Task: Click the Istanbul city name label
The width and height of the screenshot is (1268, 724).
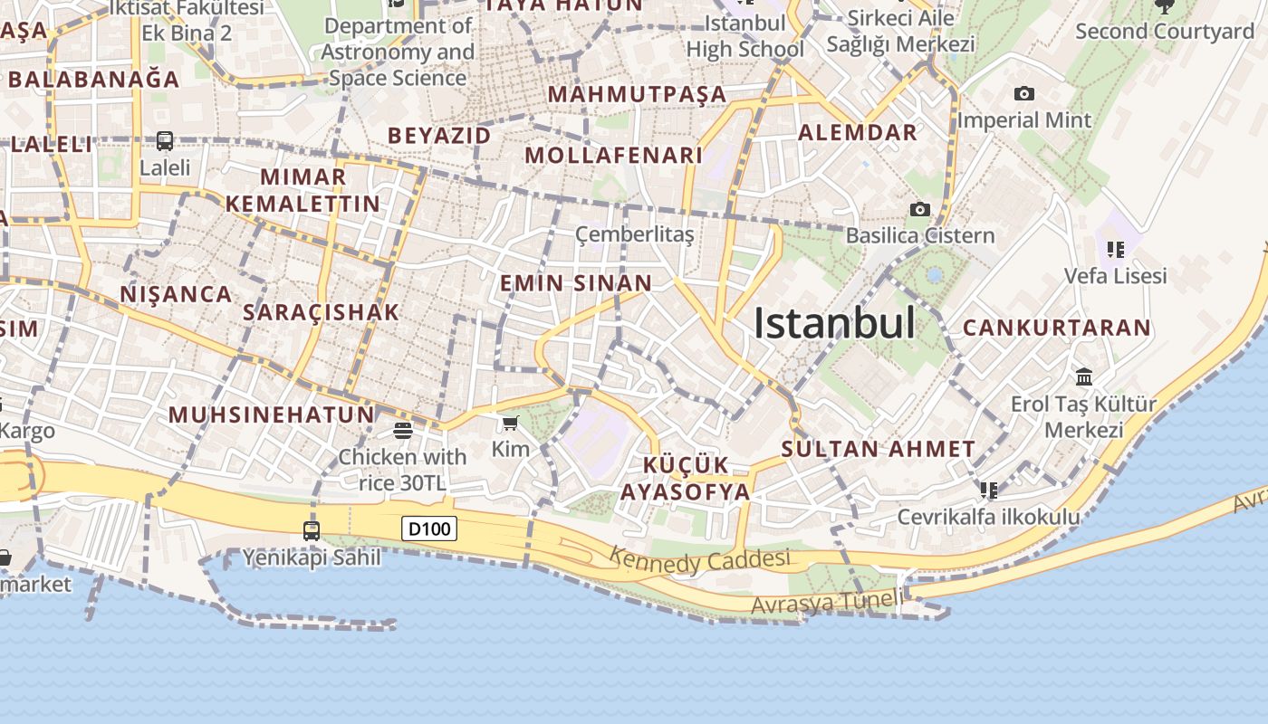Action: [834, 323]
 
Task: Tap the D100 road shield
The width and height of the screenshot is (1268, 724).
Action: [429, 529]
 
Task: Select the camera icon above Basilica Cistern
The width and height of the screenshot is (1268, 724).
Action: [920, 209]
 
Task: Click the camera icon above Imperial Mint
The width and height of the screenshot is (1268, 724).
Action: [1024, 93]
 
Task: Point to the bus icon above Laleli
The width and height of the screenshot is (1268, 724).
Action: [165, 141]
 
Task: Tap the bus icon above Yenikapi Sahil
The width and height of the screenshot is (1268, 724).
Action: [312, 530]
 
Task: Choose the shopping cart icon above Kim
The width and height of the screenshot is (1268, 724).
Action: [511, 423]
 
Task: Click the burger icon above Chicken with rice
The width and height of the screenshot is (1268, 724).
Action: [403, 430]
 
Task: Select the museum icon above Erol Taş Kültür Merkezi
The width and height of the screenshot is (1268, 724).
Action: [1084, 376]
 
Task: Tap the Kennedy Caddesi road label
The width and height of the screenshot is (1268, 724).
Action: [699, 560]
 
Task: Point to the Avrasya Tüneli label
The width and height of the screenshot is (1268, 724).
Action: [827, 602]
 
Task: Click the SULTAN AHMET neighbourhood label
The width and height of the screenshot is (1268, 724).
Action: [878, 449]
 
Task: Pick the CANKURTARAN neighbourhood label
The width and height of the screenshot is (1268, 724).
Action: [1056, 328]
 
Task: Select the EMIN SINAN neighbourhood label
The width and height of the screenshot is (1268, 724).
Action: [576, 283]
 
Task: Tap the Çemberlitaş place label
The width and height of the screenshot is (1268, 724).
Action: [635, 235]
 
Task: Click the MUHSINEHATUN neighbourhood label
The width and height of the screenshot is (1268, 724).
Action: [272, 415]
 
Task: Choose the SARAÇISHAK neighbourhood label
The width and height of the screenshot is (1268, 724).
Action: [321, 312]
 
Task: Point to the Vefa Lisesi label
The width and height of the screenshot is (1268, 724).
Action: [1115, 275]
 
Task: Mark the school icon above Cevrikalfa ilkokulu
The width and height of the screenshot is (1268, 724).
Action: [989, 491]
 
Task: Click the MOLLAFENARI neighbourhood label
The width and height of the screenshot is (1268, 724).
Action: [614, 156]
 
